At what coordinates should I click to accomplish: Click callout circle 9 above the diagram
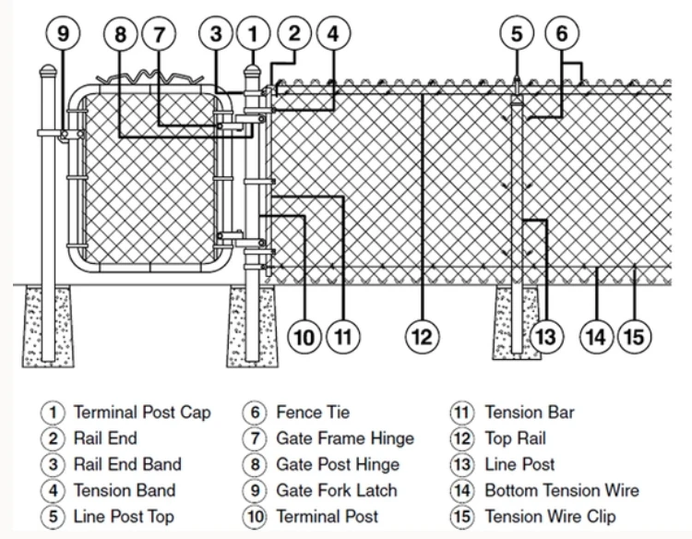[x=63, y=35]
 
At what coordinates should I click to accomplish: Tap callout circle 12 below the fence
[x=421, y=337]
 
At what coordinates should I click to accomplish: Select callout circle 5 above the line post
[x=517, y=35]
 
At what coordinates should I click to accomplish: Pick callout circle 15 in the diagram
[x=634, y=337]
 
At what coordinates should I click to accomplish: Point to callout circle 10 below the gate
[x=304, y=337]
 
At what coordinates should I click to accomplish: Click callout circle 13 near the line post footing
[x=546, y=337]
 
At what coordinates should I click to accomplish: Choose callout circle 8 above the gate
[x=120, y=35]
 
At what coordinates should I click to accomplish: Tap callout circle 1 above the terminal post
[x=251, y=35]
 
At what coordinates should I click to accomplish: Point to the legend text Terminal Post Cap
[x=142, y=413]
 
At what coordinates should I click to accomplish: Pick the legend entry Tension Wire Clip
[x=550, y=516]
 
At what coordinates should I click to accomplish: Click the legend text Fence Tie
[x=313, y=413]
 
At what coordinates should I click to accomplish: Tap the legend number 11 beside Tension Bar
[x=461, y=413]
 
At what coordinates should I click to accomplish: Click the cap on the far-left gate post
[x=47, y=71]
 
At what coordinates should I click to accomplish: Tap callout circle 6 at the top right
[x=561, y=35]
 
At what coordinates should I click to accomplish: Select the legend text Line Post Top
[x=124, y=516]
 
